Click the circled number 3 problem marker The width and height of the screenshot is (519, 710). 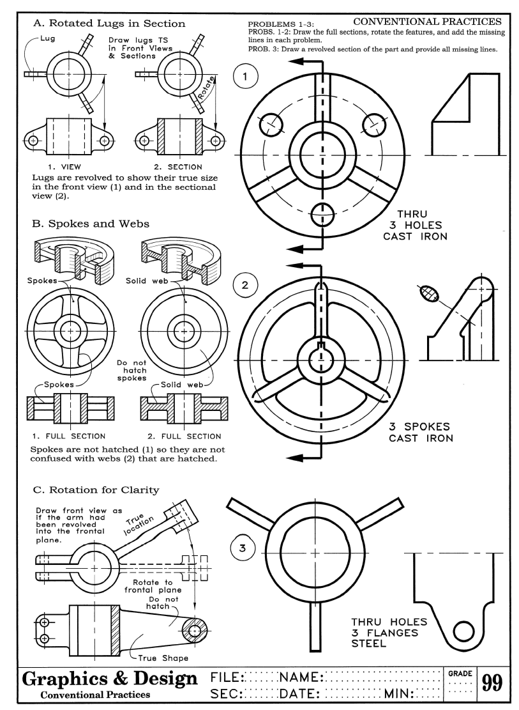click(x=239, y=547)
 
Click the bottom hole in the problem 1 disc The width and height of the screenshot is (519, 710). click(x=322, y=217)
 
